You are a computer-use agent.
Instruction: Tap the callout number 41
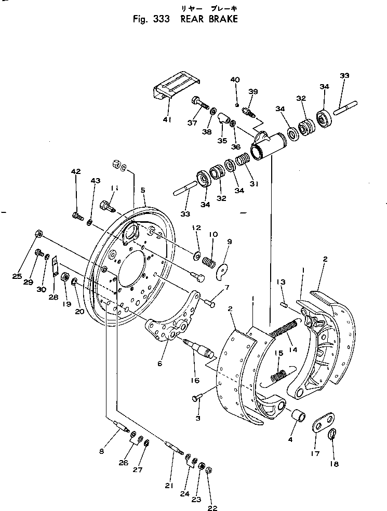tap(167, 120)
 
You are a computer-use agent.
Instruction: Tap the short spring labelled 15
tap(279, 373)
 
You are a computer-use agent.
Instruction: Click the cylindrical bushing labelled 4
tap(299, 417)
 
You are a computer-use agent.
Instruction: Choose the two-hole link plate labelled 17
tap(325, 422)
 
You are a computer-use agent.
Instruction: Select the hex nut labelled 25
tap(38, 233)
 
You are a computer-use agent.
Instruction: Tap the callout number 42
tap(76, 172)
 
